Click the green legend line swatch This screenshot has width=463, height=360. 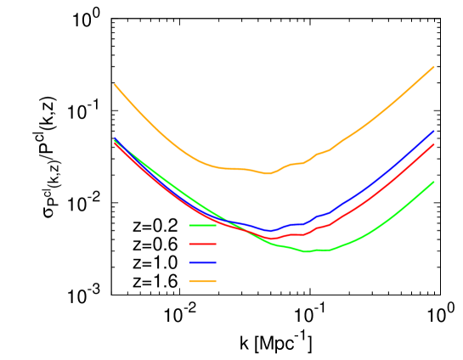point(202,226)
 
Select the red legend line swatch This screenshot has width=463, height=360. point(202,245)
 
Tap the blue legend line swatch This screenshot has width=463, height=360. point(202,263)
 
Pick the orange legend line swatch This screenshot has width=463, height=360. point(202,281)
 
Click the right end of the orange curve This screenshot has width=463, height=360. point(434,66)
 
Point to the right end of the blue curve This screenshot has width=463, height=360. point(434,132)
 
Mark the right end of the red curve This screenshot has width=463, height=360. point(434,144)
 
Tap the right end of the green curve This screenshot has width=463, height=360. point(434,182)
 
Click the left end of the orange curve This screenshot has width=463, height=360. point(114,84)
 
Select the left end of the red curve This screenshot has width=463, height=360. point(114,143)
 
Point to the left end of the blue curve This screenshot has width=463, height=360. point(114,139)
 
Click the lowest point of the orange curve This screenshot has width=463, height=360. point(268,174)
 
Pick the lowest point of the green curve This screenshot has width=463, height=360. point(307,251)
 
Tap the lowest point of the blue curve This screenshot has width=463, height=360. point(269,231)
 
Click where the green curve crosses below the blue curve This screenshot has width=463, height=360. point(227,221)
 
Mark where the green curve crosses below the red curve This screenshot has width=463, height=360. point(249,232)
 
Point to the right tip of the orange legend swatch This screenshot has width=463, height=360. point(217,281)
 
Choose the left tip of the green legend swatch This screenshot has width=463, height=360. point(189,226)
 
